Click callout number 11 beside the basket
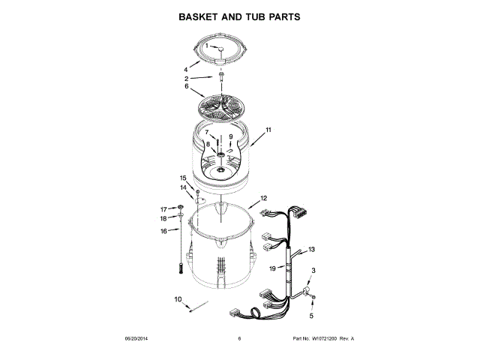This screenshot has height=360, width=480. [268, 130]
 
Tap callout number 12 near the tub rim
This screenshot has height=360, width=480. [263, 199]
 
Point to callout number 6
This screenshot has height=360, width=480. [186, 86]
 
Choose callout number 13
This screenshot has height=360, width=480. [311, 249]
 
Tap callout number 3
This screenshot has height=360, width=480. [313, 271]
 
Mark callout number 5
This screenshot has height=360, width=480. [313, 305]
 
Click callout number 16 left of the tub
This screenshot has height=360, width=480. [163, 231]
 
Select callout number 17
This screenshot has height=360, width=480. [163, 208]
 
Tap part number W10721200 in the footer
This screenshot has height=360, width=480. [326, 339]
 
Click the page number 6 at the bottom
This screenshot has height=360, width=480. [238, 339]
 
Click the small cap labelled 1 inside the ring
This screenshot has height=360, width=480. [222, 49]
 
